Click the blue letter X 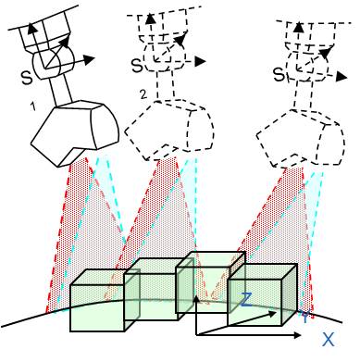(x=329, y=339)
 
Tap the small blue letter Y (x=305, y=315)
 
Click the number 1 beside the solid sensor (x=32, y=107)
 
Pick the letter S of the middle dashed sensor (x=137, y=67)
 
